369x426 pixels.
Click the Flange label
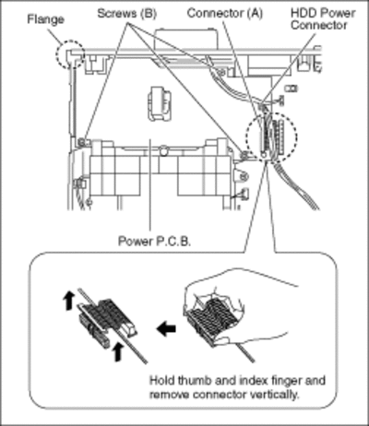pos(46,19)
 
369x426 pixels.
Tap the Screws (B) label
pos(126,14)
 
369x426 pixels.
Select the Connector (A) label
pos(225,13)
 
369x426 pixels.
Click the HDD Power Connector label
pos(323,19)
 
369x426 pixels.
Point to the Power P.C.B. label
pos(155,241)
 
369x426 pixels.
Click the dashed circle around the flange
pos(70,41)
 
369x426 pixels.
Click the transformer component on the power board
pos(159,103)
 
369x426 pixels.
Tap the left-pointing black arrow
pos(166,328)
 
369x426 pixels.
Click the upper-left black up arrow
pos(69,301)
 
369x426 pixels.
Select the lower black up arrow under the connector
pos(117,352)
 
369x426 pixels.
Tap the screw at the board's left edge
pos(82,142)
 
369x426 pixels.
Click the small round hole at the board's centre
pos(164,151)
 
